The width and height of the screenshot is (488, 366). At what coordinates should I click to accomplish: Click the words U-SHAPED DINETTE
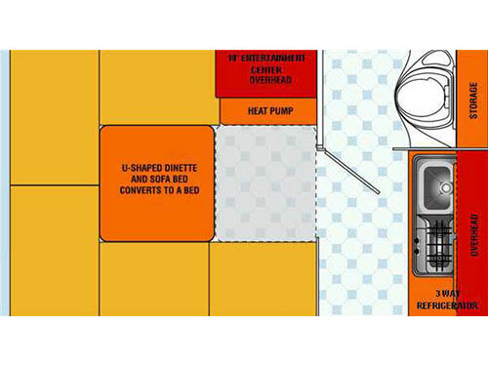pyautogui.click(x=155, y=169)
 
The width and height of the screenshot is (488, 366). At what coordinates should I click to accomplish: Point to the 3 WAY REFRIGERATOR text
pyautogui.click(x=445, y=300)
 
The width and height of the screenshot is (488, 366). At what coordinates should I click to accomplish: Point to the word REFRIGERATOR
pyautogui.click(x=445, y=305)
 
